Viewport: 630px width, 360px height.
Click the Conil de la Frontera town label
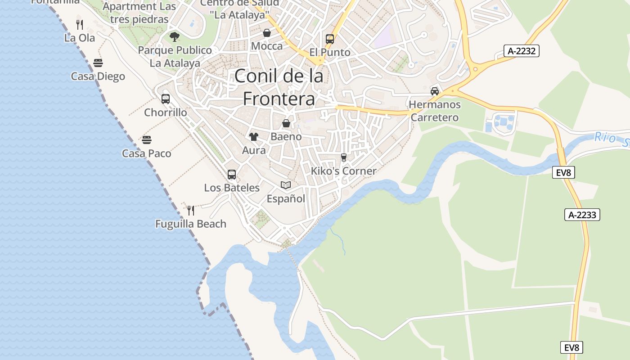pos(279,87)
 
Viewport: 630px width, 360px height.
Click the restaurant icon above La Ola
pos(80,24)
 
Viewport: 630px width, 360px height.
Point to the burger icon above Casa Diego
pos(98,63)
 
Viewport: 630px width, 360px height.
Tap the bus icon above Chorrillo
pos(166,99)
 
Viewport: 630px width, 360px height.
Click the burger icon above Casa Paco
pos(147,139)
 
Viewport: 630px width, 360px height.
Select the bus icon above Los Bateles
pos(232,174)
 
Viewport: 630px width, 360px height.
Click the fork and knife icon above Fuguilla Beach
pos(191,210)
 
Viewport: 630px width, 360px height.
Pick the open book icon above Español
pos(286,185)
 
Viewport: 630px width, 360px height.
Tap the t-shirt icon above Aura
pos(254,136)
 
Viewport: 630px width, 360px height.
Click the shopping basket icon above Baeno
pos(286,123)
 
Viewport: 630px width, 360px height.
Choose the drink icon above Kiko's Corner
pos(344,157)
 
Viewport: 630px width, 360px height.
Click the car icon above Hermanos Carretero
pos(435,91)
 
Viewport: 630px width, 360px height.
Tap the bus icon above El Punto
pos(330,39)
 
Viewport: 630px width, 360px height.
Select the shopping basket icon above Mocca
pos(267,33)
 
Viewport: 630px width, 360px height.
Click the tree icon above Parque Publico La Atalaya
pos(175,36)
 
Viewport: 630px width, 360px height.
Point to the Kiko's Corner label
pos(344,171)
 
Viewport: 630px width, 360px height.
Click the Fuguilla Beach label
pos(191,224)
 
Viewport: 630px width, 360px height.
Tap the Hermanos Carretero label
pos(435,111)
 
